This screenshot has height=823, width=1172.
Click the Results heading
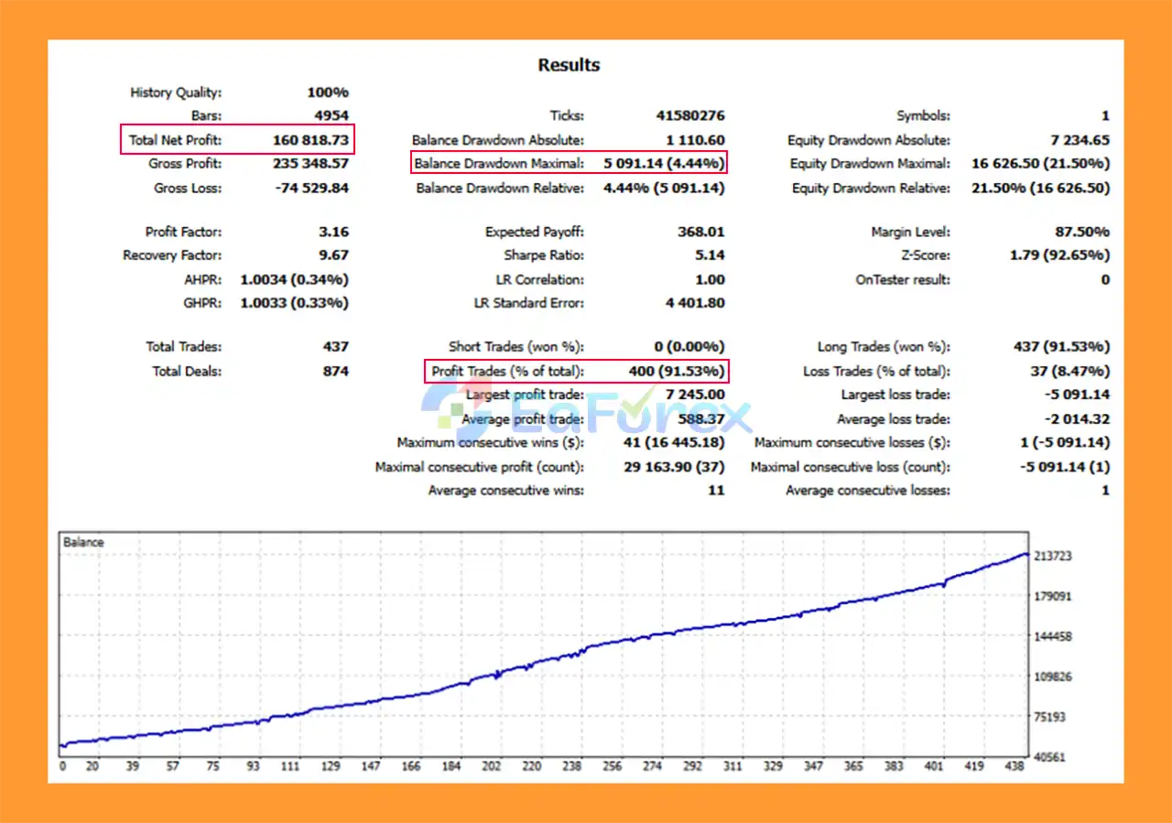click(569, 65)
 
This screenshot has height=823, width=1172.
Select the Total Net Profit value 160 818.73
click(310, 140)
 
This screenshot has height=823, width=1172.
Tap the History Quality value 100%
click(328, 92)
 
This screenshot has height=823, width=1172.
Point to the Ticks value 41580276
click(689, 116)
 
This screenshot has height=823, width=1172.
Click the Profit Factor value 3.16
click(334, 232)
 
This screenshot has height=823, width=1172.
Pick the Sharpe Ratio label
click(543, 255)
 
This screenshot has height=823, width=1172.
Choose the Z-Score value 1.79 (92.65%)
click(1059, 255)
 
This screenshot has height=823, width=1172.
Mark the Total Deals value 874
click(335, 371)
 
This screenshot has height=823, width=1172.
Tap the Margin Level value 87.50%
click(1081, 232)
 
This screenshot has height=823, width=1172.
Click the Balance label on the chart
click(83, 542)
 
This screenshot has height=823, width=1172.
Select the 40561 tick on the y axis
click(1050, 758)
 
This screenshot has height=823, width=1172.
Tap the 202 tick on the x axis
click(492, 766)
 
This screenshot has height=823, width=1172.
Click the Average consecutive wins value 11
click(715, 491)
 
